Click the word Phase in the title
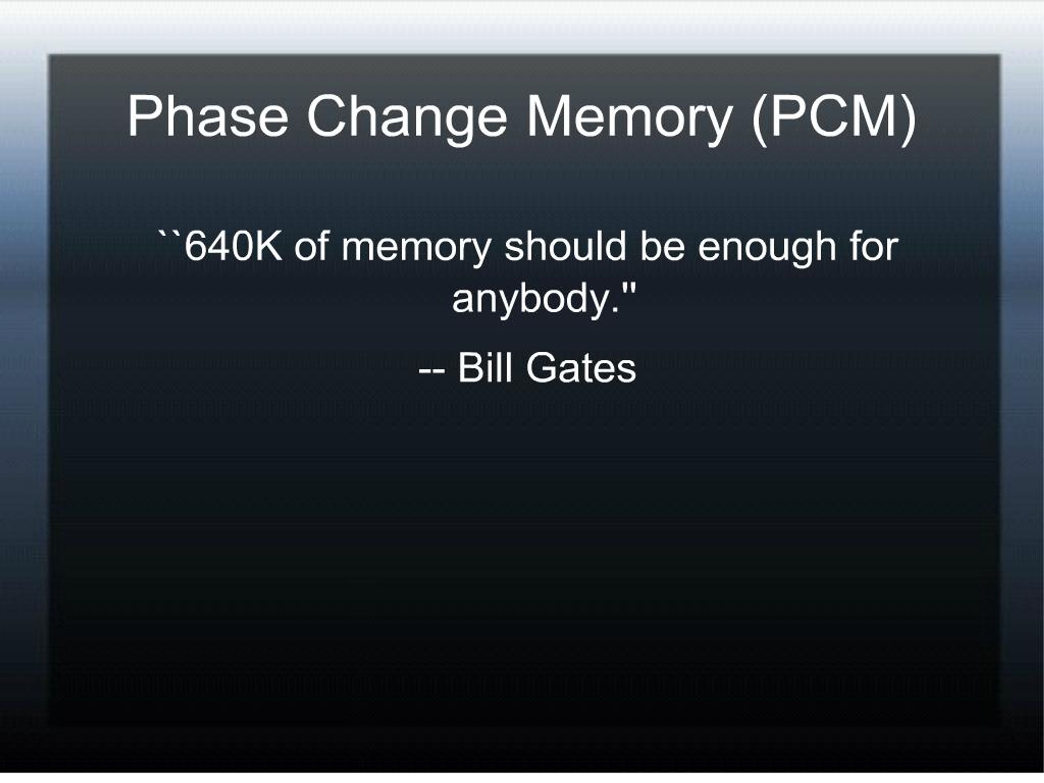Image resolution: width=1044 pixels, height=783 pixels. tap(208, 116)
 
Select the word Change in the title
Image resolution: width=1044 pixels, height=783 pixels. tap(407, 119)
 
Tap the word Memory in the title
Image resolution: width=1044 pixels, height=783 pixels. tap(630, 119)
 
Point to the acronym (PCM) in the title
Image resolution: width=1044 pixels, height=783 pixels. tap(834, 119)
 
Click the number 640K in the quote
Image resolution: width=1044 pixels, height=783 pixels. tap(233, 246)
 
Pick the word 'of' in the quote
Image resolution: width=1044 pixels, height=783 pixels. tap(312, 246)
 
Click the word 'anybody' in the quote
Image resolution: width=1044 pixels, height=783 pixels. tap(529, 302)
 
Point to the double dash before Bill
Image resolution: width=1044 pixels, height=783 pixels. tap(431, 371)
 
